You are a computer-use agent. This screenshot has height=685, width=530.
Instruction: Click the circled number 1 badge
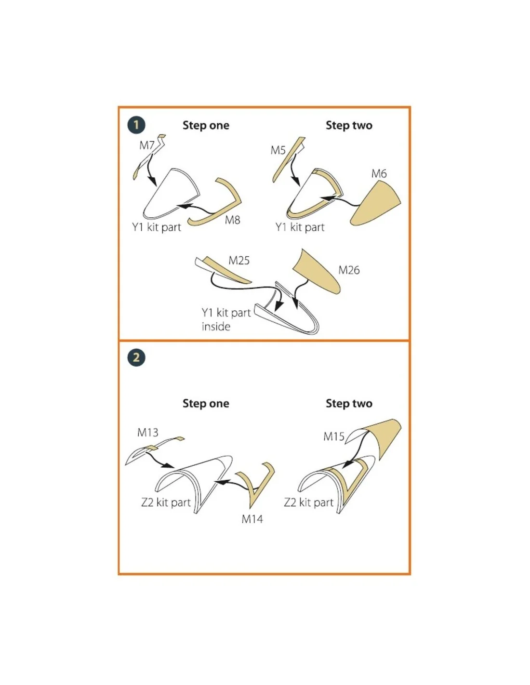click(136, 125)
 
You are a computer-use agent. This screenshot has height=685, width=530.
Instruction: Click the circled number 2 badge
click(136, 357)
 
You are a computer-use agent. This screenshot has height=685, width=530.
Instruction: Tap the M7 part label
click(147, 145)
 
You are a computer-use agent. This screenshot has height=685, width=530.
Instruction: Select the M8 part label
click(232, 220)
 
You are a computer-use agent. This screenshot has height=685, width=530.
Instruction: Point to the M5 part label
click(278, 150)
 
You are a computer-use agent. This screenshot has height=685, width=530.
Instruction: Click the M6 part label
click(379, 173)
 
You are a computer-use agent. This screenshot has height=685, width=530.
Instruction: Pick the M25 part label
click(239, 261)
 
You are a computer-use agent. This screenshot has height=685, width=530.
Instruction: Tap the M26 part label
click(349, 270)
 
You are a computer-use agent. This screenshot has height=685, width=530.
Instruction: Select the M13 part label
click(147, 433)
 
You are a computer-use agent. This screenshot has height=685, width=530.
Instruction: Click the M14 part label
click(252, 519)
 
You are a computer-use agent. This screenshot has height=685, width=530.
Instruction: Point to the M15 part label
click(333, 436)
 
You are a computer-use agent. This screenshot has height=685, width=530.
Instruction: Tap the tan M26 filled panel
click(318, 271)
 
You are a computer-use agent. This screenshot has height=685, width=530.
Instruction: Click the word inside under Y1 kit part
click(216, 327)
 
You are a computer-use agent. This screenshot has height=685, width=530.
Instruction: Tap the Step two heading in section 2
click(349, 403)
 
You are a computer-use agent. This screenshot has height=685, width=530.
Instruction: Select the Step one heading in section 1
click(206, 125)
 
